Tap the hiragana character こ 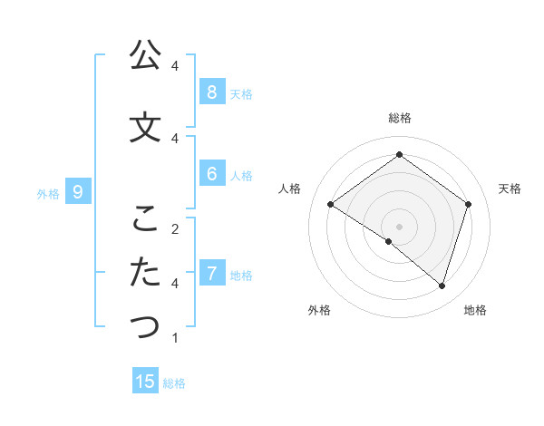145,218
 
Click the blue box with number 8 211,92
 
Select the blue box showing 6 211,174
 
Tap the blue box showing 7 211,273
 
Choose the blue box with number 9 78,191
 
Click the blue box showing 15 145,382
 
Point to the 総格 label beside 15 174,383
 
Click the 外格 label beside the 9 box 48,193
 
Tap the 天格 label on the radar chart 510,189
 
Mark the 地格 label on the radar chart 475,310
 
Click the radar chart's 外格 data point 389,241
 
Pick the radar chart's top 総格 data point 399,155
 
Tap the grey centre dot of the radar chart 399,226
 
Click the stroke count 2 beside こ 175,228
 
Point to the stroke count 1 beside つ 175,338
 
